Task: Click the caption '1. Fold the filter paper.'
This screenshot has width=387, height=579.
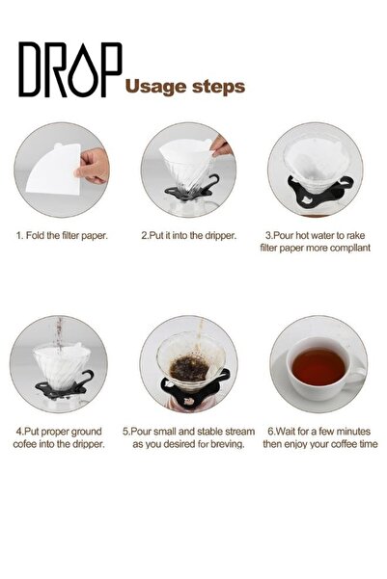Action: tap(61, 234)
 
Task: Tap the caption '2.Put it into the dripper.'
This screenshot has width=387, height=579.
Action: tap(188, 234)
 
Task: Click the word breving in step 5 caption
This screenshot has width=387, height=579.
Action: tap(226, 445)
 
